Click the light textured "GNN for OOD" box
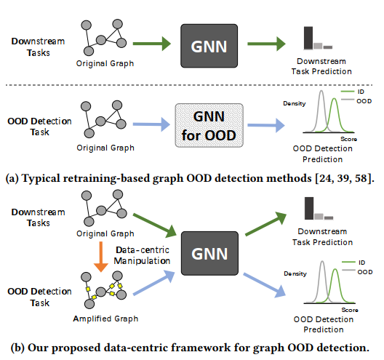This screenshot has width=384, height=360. pos(209,125)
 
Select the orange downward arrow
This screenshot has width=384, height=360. pos(101,257)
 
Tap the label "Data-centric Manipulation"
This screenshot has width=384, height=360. pos(142,255)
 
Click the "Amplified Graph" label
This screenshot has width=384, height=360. pos(105,319)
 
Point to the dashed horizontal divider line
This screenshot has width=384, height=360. pos(189,85)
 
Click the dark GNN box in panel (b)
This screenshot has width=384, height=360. pos(209,254)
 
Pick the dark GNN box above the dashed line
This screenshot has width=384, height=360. pos(209,46)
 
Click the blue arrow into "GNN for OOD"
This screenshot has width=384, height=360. pos(151,124)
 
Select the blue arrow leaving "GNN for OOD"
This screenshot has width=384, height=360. pos(266,125)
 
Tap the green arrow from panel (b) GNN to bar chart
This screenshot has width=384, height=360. pos(266,223)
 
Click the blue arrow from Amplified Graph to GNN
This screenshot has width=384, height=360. pos(154,283)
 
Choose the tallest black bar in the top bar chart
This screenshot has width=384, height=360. pos(308,38)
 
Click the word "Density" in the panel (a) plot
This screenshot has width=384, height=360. pos(295,103)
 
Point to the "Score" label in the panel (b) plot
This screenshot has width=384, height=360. pos(350,310)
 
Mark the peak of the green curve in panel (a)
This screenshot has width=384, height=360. pos(335,99)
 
